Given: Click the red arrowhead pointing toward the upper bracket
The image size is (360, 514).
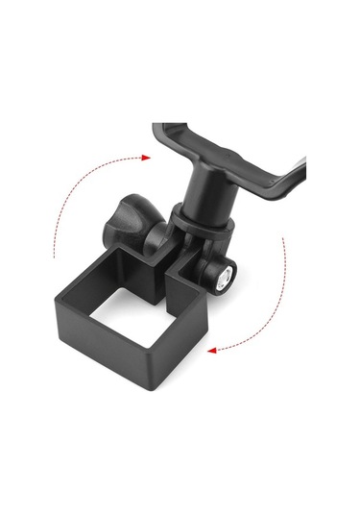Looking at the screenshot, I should [x=145, y=156].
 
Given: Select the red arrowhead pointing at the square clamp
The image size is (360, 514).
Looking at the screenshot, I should [x=212, y=350].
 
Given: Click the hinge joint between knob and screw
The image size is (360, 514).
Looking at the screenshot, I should [x=178, y=245].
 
